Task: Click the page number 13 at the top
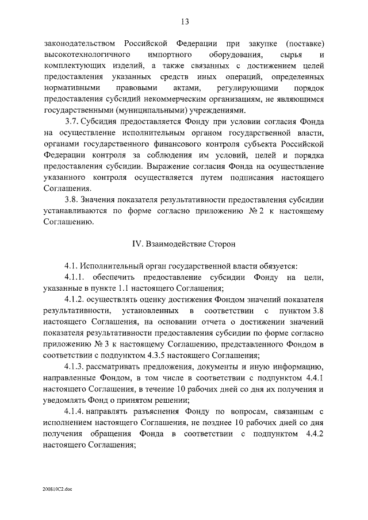(x=185, y=22)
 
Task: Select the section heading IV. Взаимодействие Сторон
(x=184, y=244)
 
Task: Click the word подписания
(x=233, y=178)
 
